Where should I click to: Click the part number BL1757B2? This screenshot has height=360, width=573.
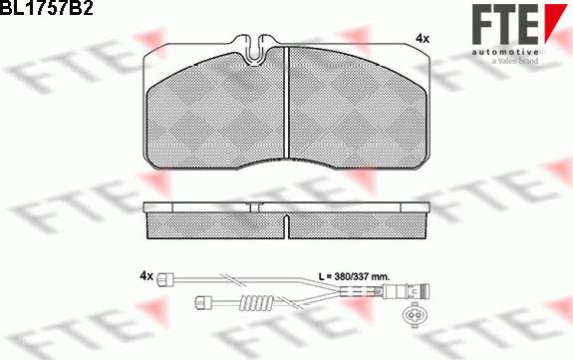(x=47, y=7)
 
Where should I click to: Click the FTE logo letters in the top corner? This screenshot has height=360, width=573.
(x=504, y=25)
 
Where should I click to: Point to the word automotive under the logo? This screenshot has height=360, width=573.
(x=504, y=52)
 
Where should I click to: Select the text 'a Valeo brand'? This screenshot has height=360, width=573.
(x=515, y=61)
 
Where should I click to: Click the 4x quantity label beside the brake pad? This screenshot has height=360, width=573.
(x=423, y=39)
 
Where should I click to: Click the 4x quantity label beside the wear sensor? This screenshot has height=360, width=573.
(x=146, y=275)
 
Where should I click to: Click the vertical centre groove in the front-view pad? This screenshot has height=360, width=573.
(x=287, y=103)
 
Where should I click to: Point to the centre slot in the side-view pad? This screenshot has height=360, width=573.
(x=287, y=226)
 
